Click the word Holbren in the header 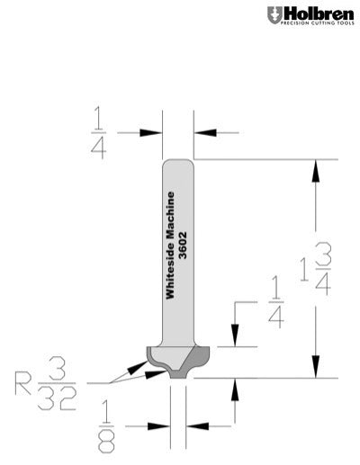[x=316, y=13]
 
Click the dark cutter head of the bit [x=176, y=361]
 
